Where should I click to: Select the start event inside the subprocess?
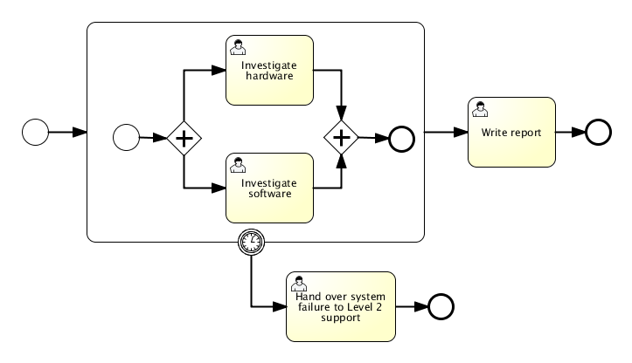[127, 138]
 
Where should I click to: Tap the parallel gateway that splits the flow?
[184, 138]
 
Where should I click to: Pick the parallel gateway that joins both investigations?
[341, 138]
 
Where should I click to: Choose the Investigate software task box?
[269, 188]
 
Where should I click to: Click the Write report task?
[511, 132]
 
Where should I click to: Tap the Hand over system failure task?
[340, 306]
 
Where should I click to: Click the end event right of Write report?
[598, 132]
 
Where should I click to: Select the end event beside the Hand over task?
[441, 306]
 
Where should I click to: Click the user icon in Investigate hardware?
[236, 45]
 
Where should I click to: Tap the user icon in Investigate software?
[236, 163]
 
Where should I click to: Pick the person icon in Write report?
[478, 108]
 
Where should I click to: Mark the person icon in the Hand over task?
[298, 283]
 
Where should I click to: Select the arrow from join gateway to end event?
[373, 138]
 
